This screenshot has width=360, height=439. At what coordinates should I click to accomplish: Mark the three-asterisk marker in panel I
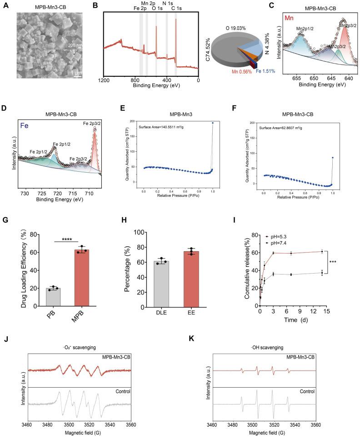[333, 263]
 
